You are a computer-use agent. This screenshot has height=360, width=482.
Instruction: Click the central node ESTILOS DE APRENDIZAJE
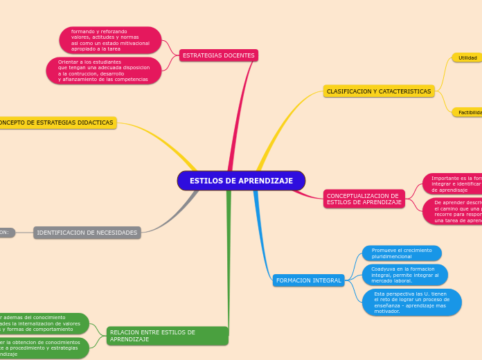pyautogui.click(x=241, y=181)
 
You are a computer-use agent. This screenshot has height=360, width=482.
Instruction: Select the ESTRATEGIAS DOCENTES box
pyautogui.click(x=219, y=55)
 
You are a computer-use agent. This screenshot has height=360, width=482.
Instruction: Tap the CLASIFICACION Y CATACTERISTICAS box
pyautogui.click(x=379, y=91)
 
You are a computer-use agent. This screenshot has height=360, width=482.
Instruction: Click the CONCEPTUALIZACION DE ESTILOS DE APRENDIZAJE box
pyautogui.click(x=364, y=199)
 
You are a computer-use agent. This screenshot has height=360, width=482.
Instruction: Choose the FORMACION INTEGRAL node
pyautogui.click(x=309, y=280)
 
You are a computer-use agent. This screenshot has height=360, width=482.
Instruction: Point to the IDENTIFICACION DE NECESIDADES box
pyautogui.click(x=87, y=233)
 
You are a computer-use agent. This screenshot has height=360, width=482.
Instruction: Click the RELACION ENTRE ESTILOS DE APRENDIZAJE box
pyautogui.click(x=167, y=336)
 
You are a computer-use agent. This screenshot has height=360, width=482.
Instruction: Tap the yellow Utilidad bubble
pyautogui.click(x=467, y=57)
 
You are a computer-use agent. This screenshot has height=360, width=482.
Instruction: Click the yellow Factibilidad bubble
pyautogui.click(x=469, y=112)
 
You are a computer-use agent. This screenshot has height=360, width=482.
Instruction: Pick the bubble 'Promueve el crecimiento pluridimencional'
pyautogui.click(x=402, y=253)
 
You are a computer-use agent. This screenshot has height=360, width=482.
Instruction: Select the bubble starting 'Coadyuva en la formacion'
pyautogui.click(x=405, y=275)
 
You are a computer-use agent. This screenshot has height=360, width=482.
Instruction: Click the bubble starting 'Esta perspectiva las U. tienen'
pyautogui.click(x=411, y=303)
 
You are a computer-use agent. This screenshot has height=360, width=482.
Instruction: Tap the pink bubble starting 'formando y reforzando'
pyautogui.click(x=110, y=40)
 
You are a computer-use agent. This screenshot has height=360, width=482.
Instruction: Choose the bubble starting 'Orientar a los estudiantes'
pyautogui.click(x=104, y=71)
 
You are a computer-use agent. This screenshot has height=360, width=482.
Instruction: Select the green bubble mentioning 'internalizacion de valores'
pyautogui.click(x=43, y=323)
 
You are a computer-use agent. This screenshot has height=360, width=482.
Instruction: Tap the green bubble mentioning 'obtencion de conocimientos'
pyautogui.click(x=43, y=348)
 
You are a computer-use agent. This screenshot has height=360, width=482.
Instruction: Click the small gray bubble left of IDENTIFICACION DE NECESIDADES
pyautogui.click(x=6, y=233)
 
